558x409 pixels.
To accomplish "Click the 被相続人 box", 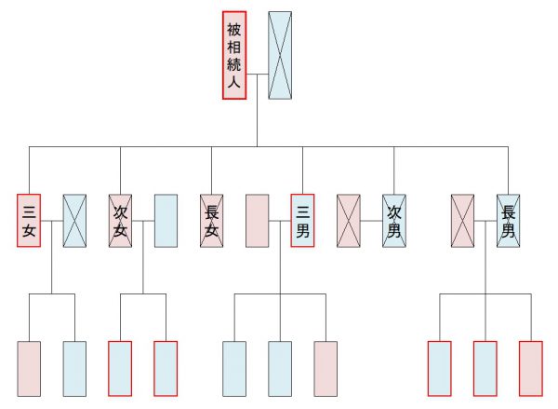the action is [234, 55].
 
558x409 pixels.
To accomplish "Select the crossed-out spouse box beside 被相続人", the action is [280, 55].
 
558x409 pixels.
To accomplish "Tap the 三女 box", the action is [29, 221].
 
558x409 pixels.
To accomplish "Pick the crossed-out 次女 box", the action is [120, 221].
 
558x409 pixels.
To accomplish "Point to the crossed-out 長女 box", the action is [212, 221].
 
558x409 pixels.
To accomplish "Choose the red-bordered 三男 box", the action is [302, 221].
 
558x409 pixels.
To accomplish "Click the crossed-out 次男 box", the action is [394, 221].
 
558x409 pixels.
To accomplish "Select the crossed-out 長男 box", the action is [508, 221].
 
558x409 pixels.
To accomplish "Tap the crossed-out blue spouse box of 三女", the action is [74, 221].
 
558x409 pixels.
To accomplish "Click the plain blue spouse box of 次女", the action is [166, 221].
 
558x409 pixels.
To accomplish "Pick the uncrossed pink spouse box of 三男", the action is [258, 221].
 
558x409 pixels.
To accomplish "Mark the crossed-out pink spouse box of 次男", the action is [349, 221].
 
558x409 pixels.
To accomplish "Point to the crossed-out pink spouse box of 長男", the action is [462, 221].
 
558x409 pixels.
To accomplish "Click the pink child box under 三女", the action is [29, 369].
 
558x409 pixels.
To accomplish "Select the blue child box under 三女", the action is [74, 369].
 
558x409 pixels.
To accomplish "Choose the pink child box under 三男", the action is [325, 369].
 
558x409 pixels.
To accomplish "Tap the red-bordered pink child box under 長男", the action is [531, 369].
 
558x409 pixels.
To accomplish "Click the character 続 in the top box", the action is [234, 64].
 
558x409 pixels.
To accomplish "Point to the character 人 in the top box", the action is [234, 82].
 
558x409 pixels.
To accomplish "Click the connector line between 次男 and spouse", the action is [371, 221].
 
